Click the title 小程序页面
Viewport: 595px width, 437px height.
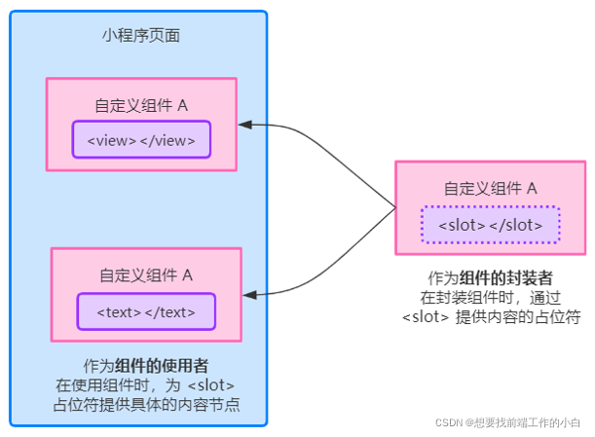point(140,36)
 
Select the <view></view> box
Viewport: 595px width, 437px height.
point(140,139)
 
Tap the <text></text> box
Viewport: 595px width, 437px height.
point(146,311)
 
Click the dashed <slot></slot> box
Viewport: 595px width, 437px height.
point(490,225)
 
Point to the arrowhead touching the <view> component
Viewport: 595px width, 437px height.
point(246,126)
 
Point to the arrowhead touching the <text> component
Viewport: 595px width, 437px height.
point(250,292)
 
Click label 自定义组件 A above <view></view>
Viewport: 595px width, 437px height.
point(141,105)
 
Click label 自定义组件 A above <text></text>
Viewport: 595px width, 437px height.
point(146,275)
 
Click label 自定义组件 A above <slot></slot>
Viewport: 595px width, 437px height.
point(491,189)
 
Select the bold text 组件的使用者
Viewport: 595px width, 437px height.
point(162,366)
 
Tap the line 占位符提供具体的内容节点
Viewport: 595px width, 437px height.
point(146,403)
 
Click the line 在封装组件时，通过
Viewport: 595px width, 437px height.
point(492,296)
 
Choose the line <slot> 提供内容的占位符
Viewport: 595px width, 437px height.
point(492,315)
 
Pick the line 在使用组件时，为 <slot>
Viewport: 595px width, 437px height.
point(146,384)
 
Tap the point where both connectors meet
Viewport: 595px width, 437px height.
point(395,207)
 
